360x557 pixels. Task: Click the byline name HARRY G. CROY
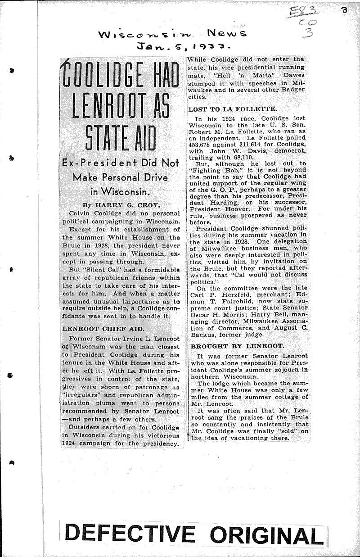click(x=128, y=204)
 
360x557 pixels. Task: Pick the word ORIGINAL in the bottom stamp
click(x=266, y=535)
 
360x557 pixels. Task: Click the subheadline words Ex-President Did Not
click(x=121, y=163)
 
